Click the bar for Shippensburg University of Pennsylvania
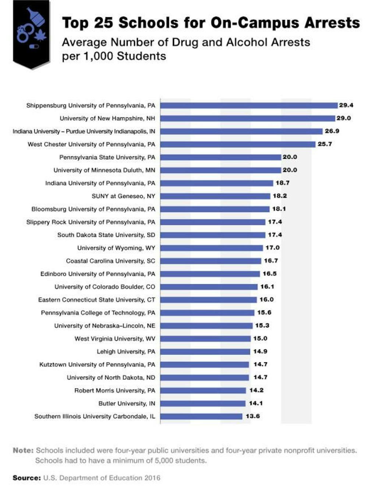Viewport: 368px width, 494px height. pyautogui.click(x=249, y=106)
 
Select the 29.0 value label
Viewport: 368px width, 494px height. pyautogui.click(x=343, y=118)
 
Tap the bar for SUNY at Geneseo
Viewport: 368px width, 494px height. pyautogui.click(x=215, y=196)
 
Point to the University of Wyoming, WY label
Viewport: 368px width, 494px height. pyautogui.click(x=116, y=248)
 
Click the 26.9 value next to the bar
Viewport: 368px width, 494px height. pyautogui.click(x=332, y=131)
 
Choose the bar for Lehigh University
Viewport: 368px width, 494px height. pyautogui.click(x=205, y=352)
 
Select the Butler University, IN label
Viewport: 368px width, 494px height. pyautogui.click(x=127, y=404)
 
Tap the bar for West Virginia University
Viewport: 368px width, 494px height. pyautogui.click(x=205, y=339)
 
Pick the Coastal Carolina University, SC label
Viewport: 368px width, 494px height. pyautogui.click(x=110, y=261)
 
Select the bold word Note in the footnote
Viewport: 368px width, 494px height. pyautogui.click(x=23, y=450)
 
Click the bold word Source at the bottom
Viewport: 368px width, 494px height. pyautogui.click(x=26, y=478)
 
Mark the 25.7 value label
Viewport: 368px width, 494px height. pyautogui.click(x=325, y=144)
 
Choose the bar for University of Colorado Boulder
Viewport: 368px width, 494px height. pyautogui.click(x=209, y=287)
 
